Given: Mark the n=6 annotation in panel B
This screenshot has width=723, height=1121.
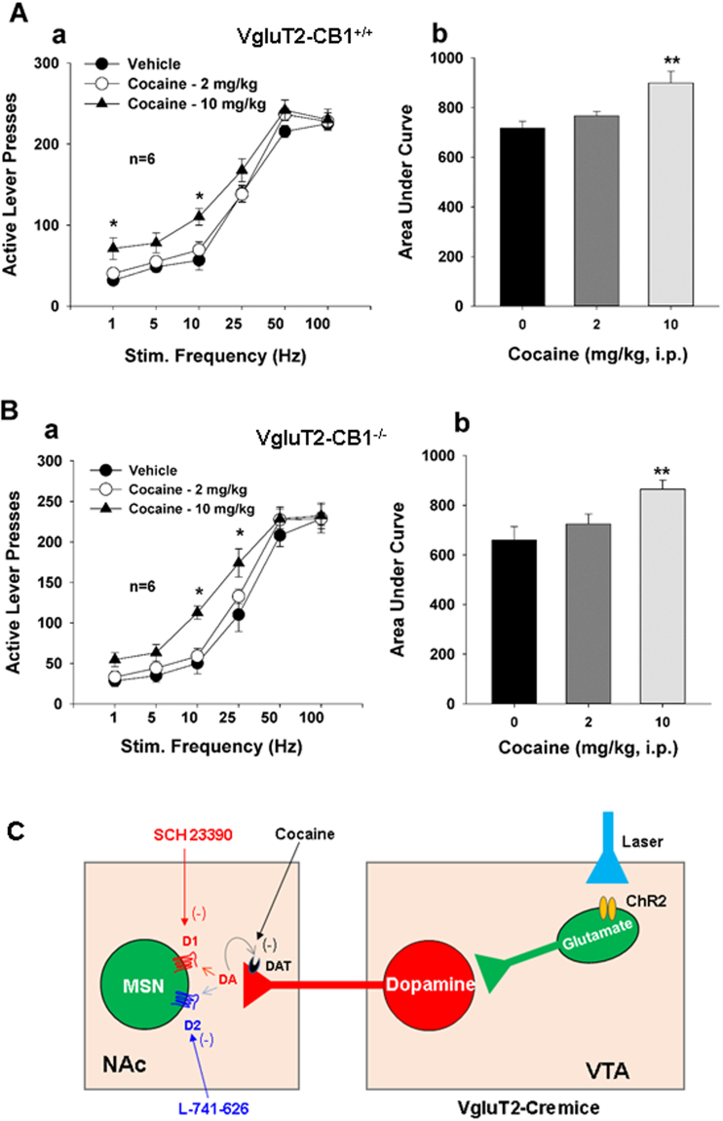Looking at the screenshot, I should tap(149, 588).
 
